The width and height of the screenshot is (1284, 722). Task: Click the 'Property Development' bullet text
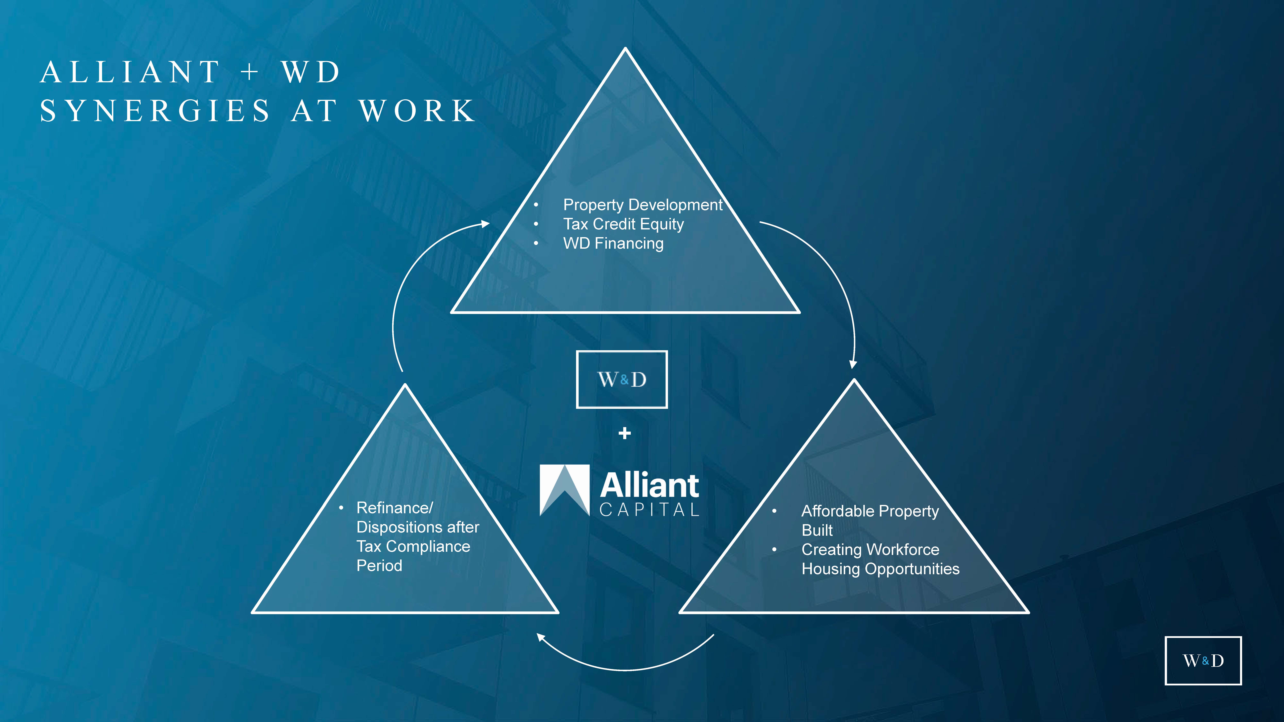tap(642, 205)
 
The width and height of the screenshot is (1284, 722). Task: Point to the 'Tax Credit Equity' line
tap(623, 224)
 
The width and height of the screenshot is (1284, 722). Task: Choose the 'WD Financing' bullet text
tap(613, 244)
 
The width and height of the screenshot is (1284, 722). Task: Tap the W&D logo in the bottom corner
tap(1203, 661)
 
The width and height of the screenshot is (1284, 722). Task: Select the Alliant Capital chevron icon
tap(565, 490)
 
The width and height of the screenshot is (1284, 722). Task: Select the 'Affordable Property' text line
tap(870, 511)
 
